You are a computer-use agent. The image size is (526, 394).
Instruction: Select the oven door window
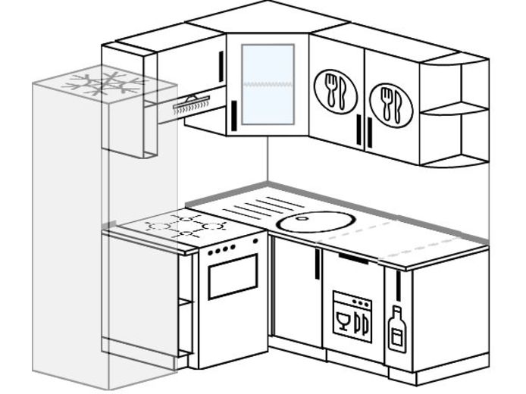pyautogui.click(x=233, y=276)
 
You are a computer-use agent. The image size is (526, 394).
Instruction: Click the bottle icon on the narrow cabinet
pyautogui.click(x=396, y=330)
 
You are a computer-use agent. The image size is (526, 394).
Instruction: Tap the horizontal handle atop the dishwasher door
pyautogui.click(x=352, y=258)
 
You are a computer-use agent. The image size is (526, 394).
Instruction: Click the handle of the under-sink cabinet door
pyautogui.click(x=317, y=267)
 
